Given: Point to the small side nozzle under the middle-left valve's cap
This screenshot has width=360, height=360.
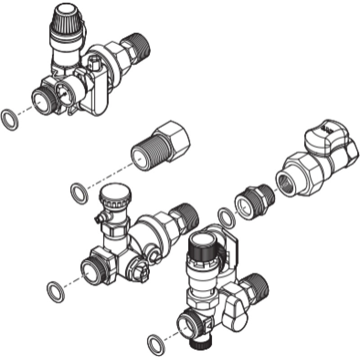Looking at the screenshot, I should (99, 219).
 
